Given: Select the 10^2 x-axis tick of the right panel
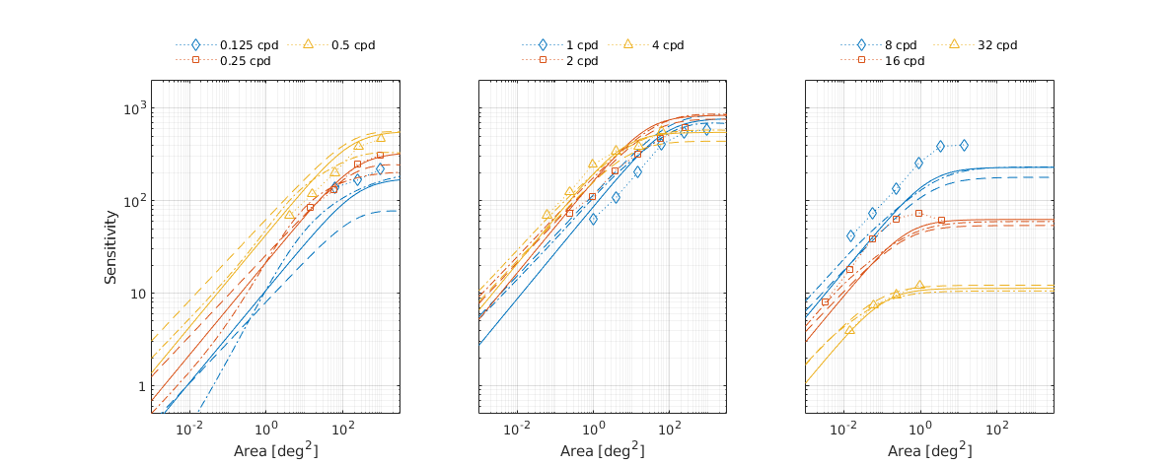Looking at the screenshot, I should pos(997,430).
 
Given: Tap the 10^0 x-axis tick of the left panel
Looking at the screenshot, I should pos(266,430).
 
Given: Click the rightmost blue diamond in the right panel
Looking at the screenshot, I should pos(964,146).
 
